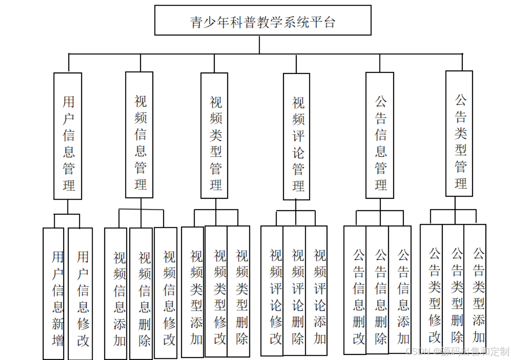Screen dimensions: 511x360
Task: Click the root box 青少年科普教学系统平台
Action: [263, 20]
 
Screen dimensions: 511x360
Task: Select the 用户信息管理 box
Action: [67, 136]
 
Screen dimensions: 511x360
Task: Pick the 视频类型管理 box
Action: [214, 136]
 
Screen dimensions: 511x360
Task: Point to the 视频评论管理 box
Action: [297, 136]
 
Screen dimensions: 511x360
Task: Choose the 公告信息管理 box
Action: [380, 135]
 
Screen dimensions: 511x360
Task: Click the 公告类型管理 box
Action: [459, 134]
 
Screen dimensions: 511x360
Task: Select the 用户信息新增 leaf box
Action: [53, 293]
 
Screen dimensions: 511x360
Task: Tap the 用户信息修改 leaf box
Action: [80, 293]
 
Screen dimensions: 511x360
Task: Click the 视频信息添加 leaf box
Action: [116, 293]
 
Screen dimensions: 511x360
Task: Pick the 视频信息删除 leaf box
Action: [141, 293]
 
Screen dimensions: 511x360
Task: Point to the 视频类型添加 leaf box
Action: [193, 292]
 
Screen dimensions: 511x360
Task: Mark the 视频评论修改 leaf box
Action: [272, 291]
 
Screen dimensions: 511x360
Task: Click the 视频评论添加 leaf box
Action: [316, 291]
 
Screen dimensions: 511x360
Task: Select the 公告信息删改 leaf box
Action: [355, 290]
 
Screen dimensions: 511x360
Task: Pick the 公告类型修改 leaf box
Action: [431, 288]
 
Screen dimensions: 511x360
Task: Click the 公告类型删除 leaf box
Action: [453, 288]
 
